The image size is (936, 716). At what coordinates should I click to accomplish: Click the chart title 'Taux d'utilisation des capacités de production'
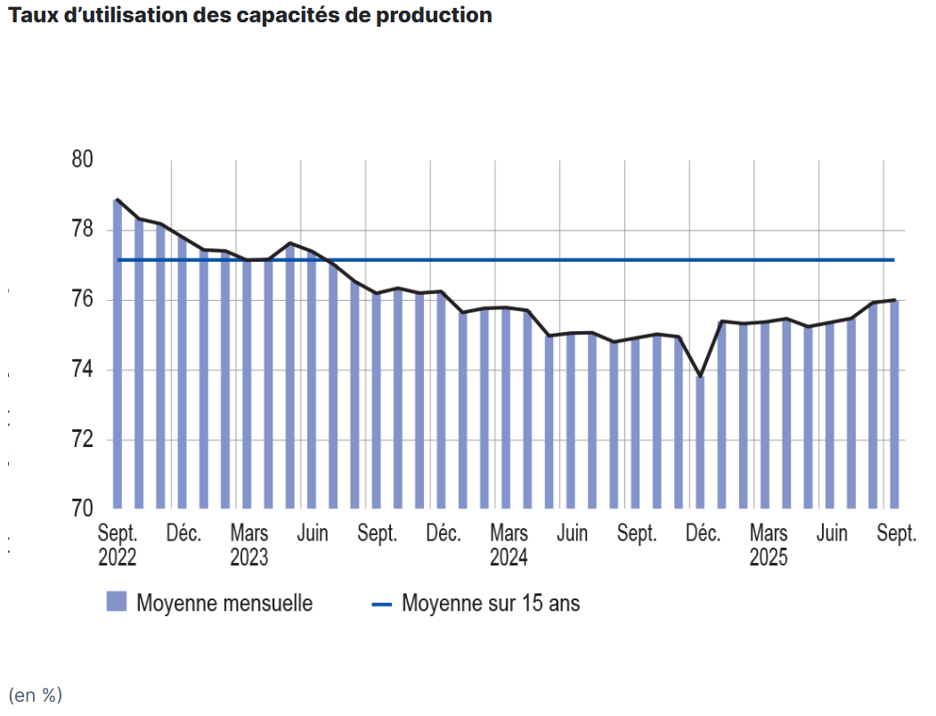click(249, 16)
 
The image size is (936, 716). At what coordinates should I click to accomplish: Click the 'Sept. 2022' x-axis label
click(118, 546)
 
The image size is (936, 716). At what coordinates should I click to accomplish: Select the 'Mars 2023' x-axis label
click(248, 546)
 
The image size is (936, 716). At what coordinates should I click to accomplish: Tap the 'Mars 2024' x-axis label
click(509, 546)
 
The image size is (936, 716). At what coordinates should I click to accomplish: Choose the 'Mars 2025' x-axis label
click(769, 546)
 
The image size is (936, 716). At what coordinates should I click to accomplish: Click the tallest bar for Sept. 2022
click(118, 356)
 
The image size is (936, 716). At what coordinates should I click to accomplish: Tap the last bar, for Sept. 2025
click(893, 405)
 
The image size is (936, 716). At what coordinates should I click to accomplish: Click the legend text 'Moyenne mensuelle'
click(224, 603)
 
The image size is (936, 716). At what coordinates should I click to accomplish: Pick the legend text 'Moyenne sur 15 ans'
click(491, 603)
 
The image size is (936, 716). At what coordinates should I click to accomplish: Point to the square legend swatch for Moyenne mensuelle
click(117, 602)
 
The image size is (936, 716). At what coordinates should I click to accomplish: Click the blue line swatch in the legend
click(381, 604)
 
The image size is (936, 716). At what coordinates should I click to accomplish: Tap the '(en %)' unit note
click(36, 696)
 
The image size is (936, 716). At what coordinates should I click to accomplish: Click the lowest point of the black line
click(700, 378)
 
